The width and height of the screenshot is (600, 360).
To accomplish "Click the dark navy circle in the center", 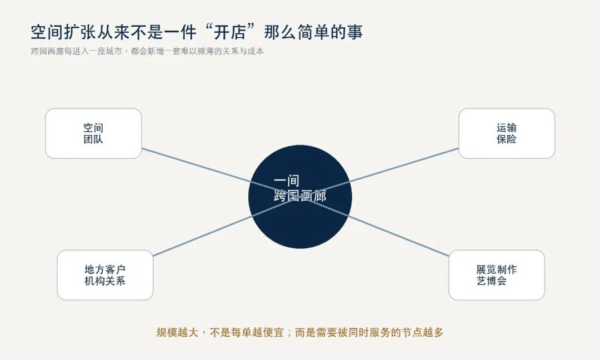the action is pyautogui.click(x=300, y=197).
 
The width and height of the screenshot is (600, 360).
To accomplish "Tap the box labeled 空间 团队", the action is pyautogui.click(x=93, y=133).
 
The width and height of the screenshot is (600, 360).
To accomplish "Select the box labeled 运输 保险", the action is pyautogui.click(x=507, y=133).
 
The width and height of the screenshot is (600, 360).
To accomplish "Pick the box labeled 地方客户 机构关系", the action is pyautogui.click(x=105, y=275).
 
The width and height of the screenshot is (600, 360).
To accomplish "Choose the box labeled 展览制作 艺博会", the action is pyautogui.click(x=497, y=275).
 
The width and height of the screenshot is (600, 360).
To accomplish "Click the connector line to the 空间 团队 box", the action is pyautogui.click(x=221, y=173).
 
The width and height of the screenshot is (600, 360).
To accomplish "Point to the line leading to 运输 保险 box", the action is pyautogui.click(x=379, y=173).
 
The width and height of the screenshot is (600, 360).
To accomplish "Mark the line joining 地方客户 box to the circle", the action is pyautogui.click(x=227, y=226).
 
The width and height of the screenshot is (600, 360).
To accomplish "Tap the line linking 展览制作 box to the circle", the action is pyautogui.click(x=374, y=226).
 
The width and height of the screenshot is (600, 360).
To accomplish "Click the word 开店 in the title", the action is pyautogui.click(x=230, y=32).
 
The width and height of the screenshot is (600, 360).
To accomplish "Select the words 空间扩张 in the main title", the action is pyautogui.click(x=63, y=32).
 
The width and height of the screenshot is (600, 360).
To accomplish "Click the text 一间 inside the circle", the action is pyautogui.click(x=287, y=181).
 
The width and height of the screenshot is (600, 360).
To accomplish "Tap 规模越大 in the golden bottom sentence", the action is pyautogui.click(x=177, y=332).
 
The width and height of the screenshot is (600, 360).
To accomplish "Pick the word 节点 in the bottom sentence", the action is pyautogui.click(x=412, y=332).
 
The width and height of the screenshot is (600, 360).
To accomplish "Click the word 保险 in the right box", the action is pyautogui.click(x=507, y=139).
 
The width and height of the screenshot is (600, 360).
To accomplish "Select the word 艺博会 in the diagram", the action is pyautogui.click(x=492, y=281).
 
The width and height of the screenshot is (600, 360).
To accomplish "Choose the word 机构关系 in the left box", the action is pyautogui.click(x=105, y=281).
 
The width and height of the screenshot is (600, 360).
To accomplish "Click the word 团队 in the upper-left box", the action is pyautogui.click(x=93, y=139).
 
